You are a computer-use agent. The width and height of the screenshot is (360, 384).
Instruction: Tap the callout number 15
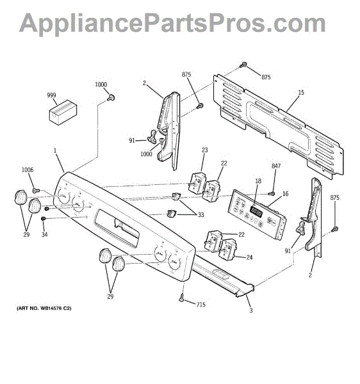pos(301,93)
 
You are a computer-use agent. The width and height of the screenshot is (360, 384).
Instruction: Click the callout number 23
pos(205,151)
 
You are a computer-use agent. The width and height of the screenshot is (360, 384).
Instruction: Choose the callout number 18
pos(258,181)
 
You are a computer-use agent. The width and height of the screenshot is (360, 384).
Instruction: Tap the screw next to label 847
pos(272,193)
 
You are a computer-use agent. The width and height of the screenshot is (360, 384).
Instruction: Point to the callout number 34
pos(44,235)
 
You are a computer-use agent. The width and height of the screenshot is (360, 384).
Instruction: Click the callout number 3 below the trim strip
pos(251,310)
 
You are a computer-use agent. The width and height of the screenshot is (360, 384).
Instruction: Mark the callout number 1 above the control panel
pos(56,151)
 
